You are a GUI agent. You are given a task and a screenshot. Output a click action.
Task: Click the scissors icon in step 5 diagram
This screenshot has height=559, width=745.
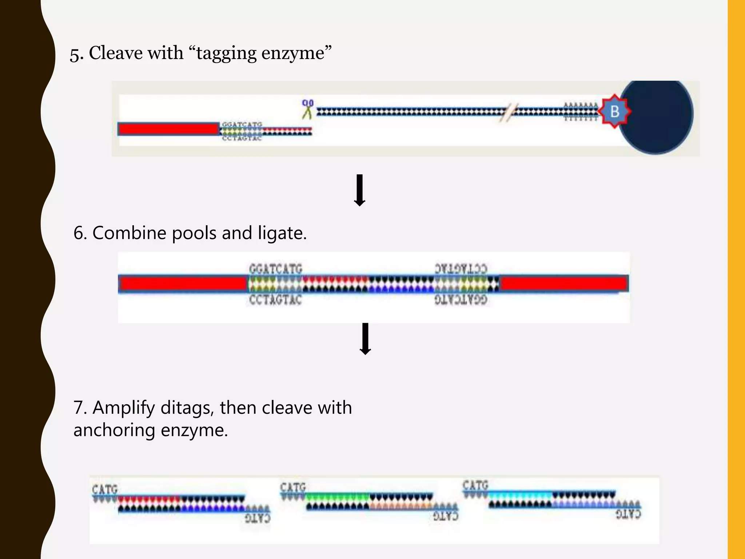307,109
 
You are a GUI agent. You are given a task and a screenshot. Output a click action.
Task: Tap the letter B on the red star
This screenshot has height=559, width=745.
614,111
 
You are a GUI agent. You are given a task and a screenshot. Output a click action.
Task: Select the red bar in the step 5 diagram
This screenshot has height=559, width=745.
168,129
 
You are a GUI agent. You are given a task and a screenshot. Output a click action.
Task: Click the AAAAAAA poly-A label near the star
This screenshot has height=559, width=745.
581,105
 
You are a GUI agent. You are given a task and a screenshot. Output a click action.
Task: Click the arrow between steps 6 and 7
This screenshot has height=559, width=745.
365,338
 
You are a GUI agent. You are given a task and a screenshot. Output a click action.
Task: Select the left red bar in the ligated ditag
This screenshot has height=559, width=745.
183,284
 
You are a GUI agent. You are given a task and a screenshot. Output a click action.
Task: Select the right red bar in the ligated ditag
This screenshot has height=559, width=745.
564,283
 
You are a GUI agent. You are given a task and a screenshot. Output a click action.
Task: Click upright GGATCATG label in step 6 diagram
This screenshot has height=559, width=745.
275,269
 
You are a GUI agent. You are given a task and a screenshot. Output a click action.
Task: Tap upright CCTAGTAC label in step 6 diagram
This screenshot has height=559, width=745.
275,300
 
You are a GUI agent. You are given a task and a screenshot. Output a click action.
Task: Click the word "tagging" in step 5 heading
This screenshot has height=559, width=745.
226,53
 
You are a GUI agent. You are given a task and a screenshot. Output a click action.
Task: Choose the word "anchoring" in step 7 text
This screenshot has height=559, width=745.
114,430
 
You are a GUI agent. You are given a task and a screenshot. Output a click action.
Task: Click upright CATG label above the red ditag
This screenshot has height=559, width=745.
105,489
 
